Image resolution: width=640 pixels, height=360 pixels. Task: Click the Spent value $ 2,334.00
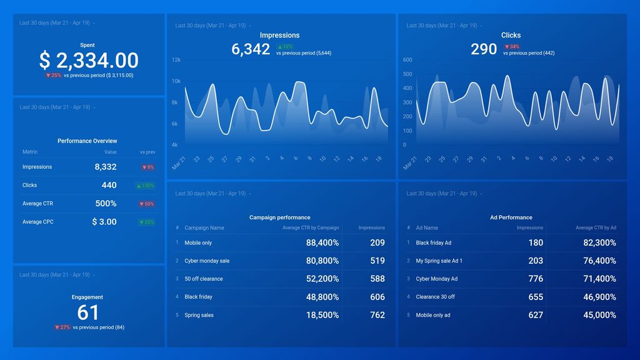click(88, 61)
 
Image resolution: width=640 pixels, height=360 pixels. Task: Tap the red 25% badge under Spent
click(53, 76)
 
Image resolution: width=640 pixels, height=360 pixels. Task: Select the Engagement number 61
click(88, 312)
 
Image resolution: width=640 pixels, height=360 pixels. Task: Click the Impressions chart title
click(279, 36)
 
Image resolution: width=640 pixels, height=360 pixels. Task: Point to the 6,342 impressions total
click(251, 49)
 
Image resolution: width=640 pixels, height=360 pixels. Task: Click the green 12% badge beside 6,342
click(285, 47)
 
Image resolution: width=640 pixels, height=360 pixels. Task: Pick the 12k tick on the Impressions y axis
click(176, 60)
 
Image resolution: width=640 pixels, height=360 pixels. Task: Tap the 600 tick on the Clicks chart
click(407, 60)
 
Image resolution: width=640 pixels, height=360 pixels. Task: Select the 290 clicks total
click(484, 49)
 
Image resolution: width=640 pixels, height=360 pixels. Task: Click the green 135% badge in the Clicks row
click(146, 186)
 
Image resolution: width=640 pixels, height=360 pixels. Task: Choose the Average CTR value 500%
click(106, 204)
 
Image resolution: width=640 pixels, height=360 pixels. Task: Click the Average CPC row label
click(37, 222)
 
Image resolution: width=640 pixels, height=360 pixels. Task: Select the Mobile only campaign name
click(198, 243)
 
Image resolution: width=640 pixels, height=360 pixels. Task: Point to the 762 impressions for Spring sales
click(377, 316)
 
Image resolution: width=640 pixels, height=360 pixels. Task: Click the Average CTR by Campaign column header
click(311, 228)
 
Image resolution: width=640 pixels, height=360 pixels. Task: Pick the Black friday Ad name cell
click(433, 243)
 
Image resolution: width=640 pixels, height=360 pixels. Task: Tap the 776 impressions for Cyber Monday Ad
click(535, 279)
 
